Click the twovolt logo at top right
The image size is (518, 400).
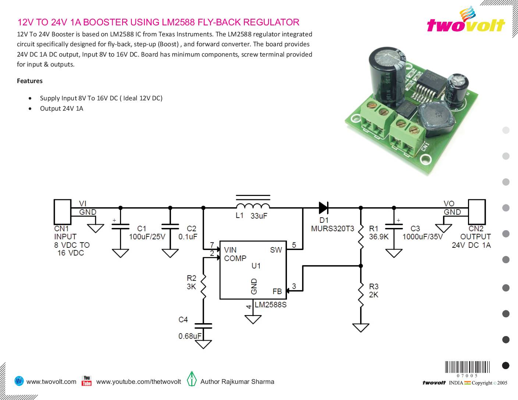pyautogui.click(x=466, y=21)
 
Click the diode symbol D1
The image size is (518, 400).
pyautogui.click(x=323, y=208)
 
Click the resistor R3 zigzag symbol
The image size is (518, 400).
pyautogui.click(x=361, y=294)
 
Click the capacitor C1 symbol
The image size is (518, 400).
pyautogui.click(x=120, y=226)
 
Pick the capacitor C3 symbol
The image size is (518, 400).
pyautogui.click(x=394, y=226)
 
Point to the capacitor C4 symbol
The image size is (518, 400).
pyautogui.click(x=203, y=326)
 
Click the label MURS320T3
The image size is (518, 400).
pyautogui.click(x=332, y=229)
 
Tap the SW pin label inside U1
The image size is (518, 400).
pyautogui.click(x=276, y=250)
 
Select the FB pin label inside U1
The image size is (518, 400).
pyautogui.click(x=277, y=291)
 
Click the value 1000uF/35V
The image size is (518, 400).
pyautogui.click(x=422, y=237)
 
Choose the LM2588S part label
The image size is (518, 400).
pyautogui.click(x=270, y=305)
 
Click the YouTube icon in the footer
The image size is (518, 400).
pyautogui.click(x=86, y=381)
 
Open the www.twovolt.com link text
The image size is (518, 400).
pyautogui.click(x=52, y=382)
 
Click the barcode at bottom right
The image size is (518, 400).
pyautogui.click(x=467, y=368)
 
